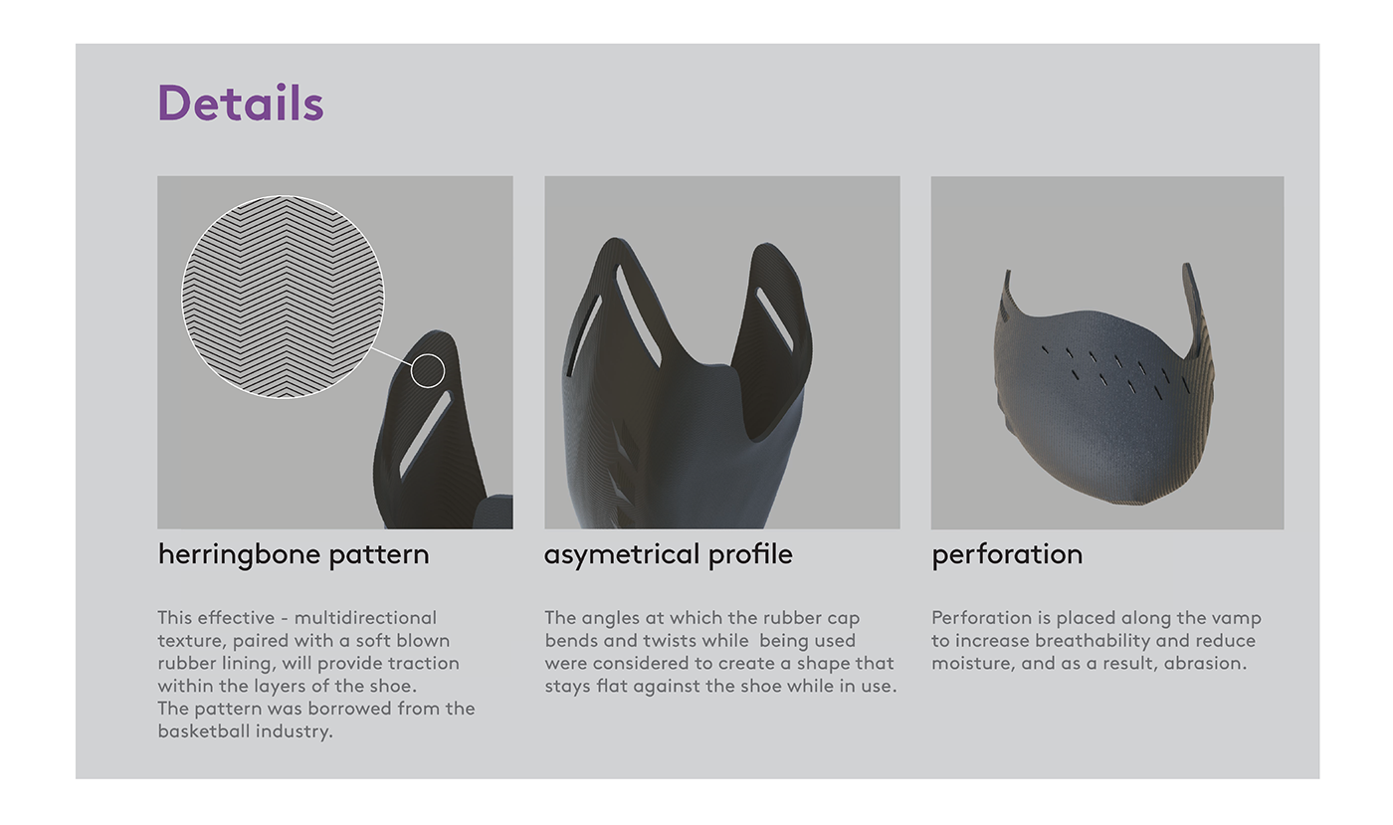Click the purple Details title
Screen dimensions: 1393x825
pos(241,103)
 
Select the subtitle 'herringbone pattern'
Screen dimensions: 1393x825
pos(294,554)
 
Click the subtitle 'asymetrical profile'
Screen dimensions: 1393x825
pos(669,554)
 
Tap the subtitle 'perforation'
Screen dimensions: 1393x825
pos(1007,554)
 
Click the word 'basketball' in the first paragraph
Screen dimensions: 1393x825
pos(204,731)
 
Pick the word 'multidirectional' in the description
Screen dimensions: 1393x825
pos(365,618)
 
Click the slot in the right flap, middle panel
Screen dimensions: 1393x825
pos(774,319)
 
